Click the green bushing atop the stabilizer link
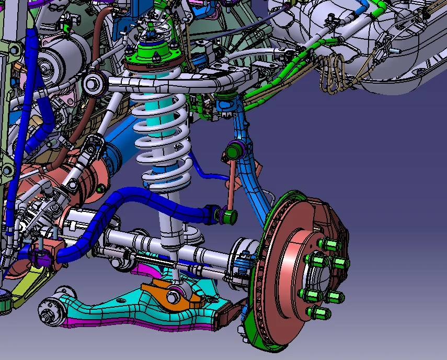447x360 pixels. click(x=233, y=153)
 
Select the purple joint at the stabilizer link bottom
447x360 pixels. click(x=229, y=215)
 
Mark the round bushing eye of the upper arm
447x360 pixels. click(x=93, y=82)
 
